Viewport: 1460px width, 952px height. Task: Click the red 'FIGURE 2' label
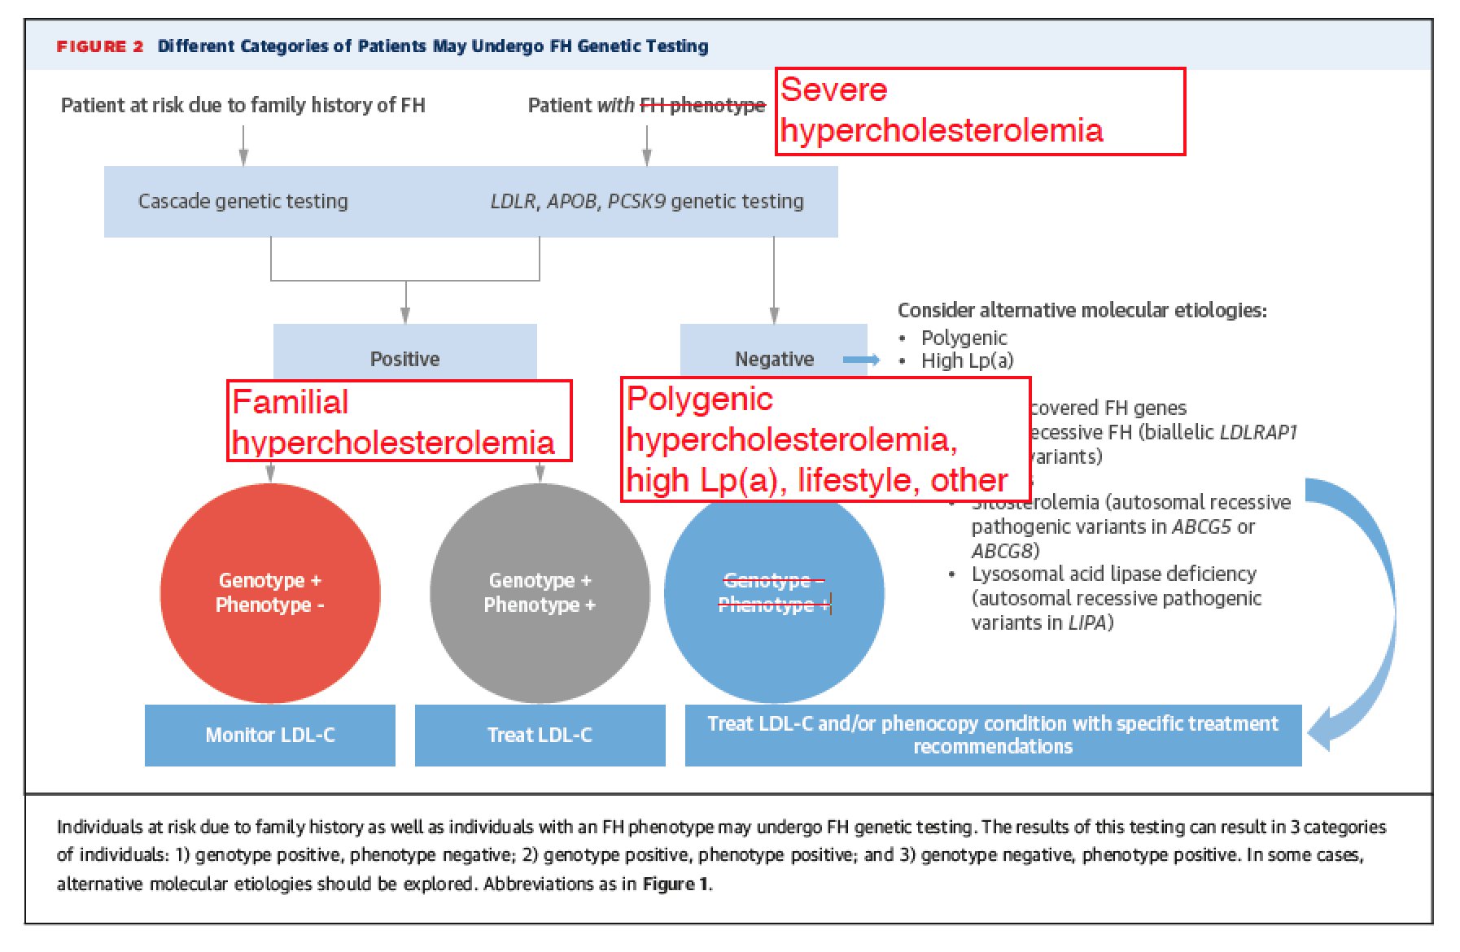(99, 46)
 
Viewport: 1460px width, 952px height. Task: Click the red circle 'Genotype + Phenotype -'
(270, 592)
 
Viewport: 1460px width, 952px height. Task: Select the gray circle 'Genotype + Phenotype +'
(540, 592)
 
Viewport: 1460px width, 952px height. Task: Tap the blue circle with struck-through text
(774, 618)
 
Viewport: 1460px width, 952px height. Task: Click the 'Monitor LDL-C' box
(270, 735)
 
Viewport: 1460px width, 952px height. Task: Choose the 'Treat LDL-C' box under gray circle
(540, 735)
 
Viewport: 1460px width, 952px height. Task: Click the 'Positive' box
(404, 358)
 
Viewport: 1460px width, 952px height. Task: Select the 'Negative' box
(773, 358)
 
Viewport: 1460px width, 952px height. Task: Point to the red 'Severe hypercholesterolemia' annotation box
(980, 111)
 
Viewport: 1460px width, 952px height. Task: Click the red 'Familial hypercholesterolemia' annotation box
(399, 421)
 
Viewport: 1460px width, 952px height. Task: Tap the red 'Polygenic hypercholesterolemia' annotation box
(825, 439)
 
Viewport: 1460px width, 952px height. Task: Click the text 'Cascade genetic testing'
(243, 201)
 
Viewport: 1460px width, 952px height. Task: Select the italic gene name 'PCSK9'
(636, 201)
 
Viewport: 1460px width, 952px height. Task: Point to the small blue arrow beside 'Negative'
(861, 360)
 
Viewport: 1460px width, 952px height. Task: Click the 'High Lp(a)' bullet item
(967, 360)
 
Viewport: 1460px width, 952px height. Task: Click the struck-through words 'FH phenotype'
(702, 105)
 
